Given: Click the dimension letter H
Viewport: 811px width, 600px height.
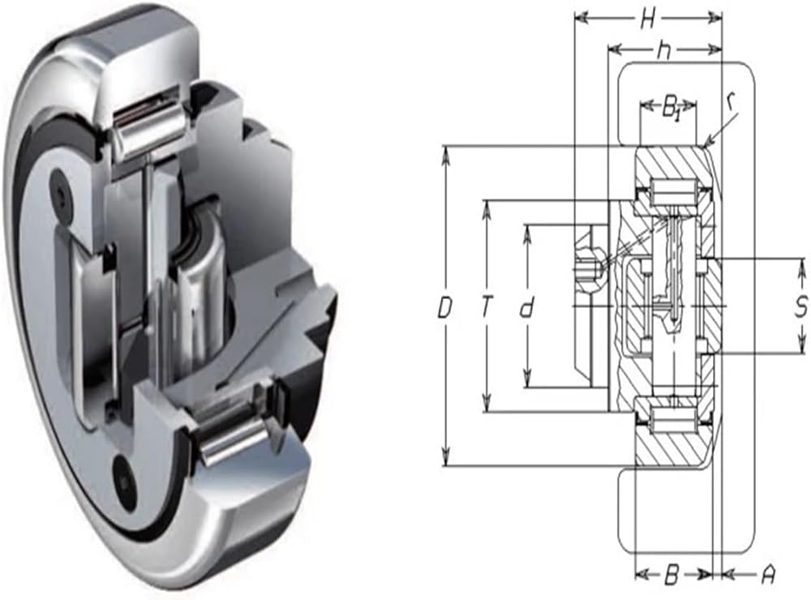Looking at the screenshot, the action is pyautogui.click(x=648, y=20).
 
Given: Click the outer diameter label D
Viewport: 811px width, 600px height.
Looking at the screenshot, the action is pyautogui.click(x=444, y=309).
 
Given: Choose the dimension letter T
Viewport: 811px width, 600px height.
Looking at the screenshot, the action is pyautogui.click(x=486, y=308).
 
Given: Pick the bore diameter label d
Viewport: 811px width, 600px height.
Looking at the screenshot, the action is pyautogui.click(x=526, y=309).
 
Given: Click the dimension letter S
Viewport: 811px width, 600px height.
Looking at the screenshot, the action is pyautogui.click(x=801, y=307).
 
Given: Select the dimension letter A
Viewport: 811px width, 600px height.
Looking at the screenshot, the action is pyautogui.click(x=769, y=575).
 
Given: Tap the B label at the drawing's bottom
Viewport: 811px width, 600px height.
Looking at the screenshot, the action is pyautogui.click(x=671, y=575).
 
